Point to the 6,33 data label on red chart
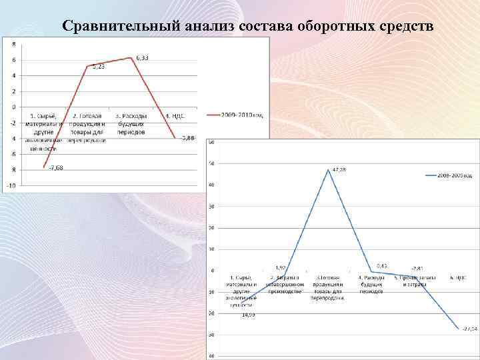(x=141, y=57)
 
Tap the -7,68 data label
(x=55, y=167)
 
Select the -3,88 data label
(x=188, y=138)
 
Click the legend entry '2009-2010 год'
(x=239, y=115)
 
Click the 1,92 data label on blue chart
(x=280, y=267)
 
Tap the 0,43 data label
(x=382, y=265)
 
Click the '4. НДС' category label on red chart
(x=175, y=115)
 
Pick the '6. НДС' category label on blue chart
(x=457, y=277)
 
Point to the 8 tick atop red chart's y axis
(x=13, y=44)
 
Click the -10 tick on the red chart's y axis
(x=11, y=185)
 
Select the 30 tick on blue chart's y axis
(x=211, y=207)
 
